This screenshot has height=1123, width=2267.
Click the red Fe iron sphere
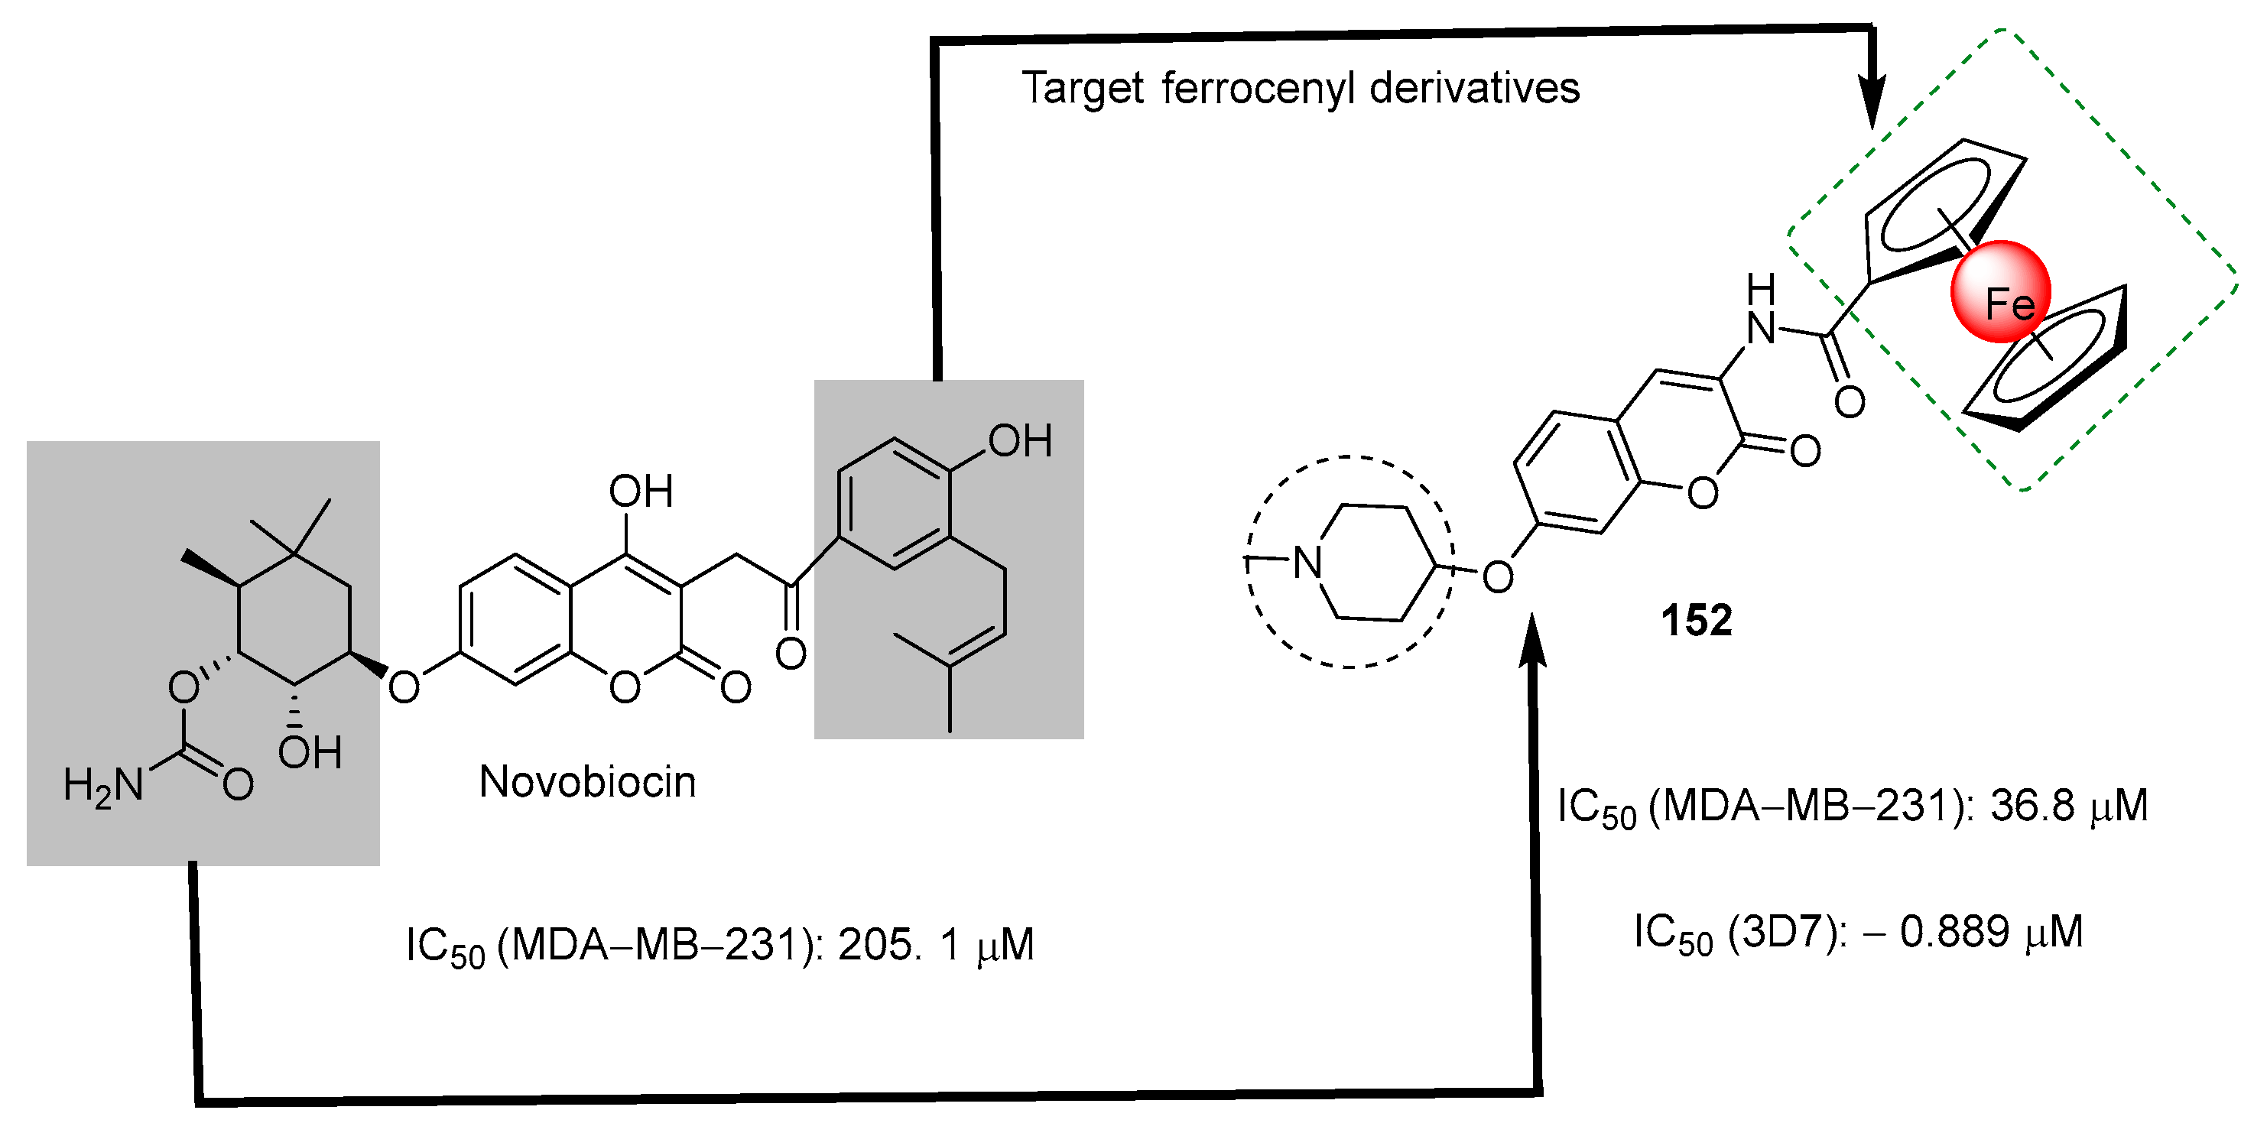(x=2000, y=292)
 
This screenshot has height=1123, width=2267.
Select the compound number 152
(x=1696, y=621)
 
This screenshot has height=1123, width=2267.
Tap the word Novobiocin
(x=587, y=781)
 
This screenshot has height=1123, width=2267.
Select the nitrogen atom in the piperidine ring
(x=1307, y=563)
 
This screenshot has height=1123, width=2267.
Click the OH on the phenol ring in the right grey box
(x=1020, y=441)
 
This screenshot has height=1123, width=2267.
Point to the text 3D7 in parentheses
(x=1782, y=932)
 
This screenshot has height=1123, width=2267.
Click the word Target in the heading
(x=1083, y=89)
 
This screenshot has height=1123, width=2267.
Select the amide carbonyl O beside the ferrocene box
(x=1849, y=402)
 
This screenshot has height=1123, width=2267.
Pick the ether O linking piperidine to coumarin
(x=1498, y=577)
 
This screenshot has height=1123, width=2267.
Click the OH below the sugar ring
(x=310, y=752)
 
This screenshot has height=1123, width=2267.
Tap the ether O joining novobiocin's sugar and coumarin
(x=404, y=687)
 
